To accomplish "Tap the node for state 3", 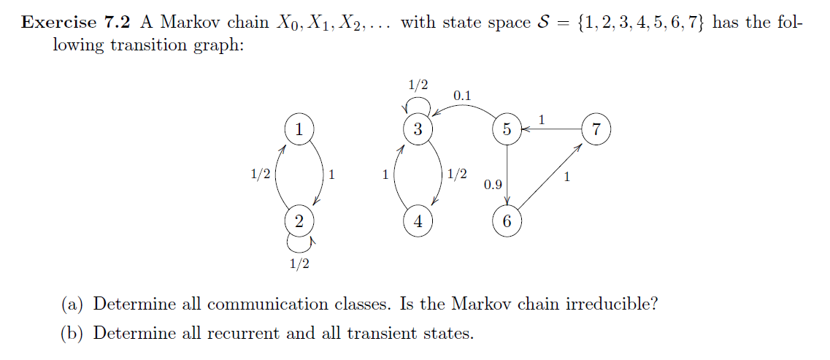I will pos(418,130).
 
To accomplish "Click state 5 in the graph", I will pos(507,130).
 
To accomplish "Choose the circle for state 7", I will pos(596,130).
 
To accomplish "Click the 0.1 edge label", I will pos(461,96).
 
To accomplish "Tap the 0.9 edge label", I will pos(493,184).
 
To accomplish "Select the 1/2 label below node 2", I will pos(299,264).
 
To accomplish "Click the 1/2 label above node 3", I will pos(418,85).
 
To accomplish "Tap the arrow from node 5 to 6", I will pos(507,175).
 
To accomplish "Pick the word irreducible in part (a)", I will pos(612,304).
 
